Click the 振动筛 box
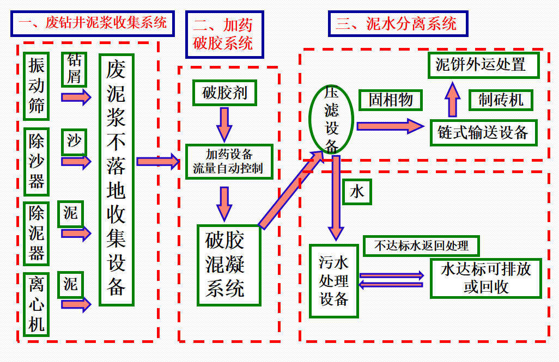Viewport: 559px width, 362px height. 37,85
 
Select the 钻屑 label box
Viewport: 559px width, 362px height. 74,69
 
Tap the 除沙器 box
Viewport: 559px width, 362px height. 37,162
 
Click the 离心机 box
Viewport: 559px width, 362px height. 37,304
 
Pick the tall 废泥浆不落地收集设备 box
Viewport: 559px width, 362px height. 116,179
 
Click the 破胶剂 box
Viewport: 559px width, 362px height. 224,93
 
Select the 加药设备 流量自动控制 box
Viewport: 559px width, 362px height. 229,161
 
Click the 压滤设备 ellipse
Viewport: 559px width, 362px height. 331,119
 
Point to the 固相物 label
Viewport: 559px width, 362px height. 390,100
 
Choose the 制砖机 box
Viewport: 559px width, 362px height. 500,100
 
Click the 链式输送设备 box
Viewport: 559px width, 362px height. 483,132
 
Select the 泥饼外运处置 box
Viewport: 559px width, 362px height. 483,65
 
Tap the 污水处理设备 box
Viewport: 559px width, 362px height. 333,281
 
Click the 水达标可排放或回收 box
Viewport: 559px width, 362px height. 485,278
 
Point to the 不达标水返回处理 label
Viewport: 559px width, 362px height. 421,246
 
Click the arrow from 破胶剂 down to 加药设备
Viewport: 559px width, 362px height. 224,123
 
